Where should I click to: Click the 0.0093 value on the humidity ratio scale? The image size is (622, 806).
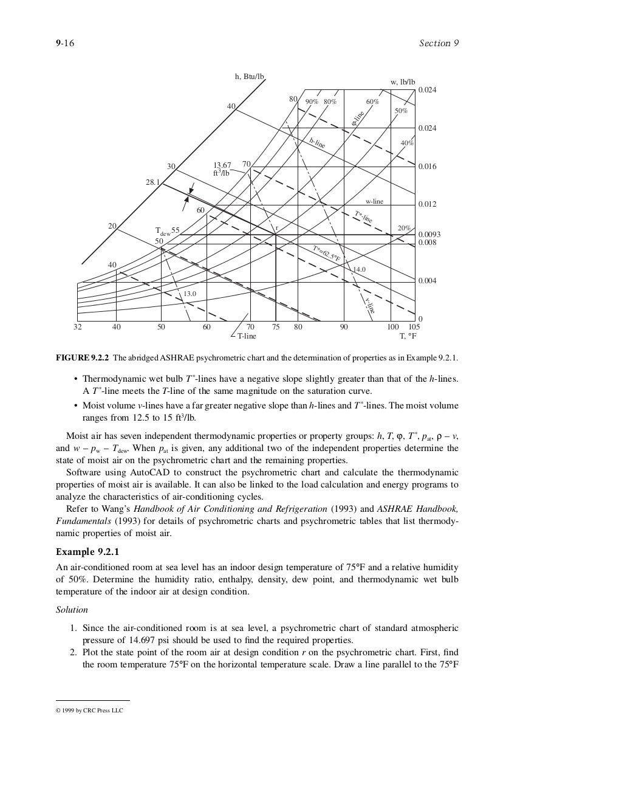[429, 235]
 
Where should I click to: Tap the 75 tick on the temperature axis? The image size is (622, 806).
[276, 326]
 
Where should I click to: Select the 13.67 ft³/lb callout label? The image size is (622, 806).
[222, 168]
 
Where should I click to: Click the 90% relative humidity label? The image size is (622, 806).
[312, 102]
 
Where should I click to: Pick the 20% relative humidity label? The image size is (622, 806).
[404, 228]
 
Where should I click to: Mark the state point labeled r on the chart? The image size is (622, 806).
[276, 229]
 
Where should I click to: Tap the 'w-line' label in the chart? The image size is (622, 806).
[374, 201]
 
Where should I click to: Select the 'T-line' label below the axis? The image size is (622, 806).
[246, 336]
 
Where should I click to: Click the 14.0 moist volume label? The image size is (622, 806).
[360, 269]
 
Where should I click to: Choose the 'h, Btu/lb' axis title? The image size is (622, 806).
[250, 77]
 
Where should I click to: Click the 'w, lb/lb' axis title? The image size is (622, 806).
[402, 81]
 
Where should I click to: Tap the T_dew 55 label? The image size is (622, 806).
[168, 231]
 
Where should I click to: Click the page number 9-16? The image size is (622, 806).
[64, 43]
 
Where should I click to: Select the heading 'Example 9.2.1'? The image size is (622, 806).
[87, 552]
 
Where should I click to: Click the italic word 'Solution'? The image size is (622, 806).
[72, 610]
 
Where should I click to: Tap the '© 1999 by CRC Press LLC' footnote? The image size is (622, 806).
[89, 710]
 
